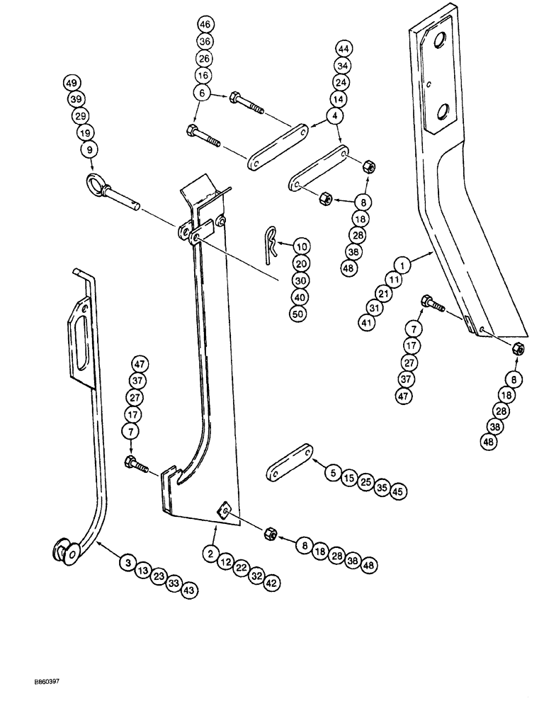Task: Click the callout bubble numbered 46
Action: pyautogui.click(x=205, y=25)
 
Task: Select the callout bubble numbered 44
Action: pyautogui.click(x=344, y=49)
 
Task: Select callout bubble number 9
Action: pyautogui.click(x=89, y=149)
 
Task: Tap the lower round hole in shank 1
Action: pyautogui.click(x=445, y=110)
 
